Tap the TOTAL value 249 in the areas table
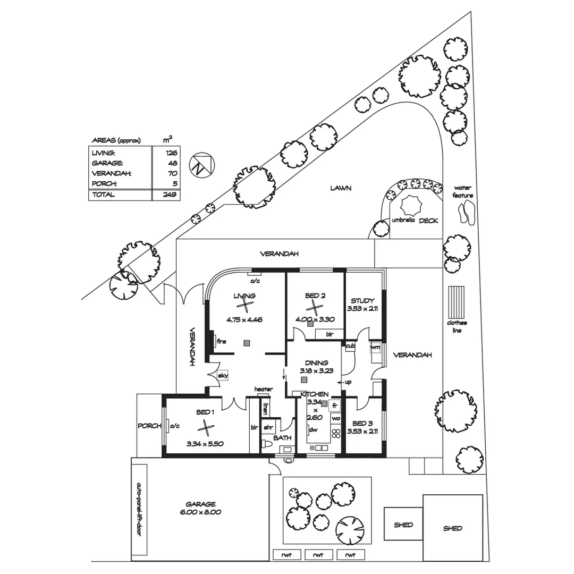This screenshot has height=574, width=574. (171, 195)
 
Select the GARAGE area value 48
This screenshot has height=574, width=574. (173, 163)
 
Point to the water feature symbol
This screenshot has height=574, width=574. (466, 214)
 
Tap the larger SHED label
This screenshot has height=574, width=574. (452, 528)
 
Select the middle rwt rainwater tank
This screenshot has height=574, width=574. (318, 555)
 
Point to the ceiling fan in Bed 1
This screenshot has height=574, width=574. (205, 426)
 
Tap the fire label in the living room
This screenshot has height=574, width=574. (222, 341)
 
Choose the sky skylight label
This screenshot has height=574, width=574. (222, 376)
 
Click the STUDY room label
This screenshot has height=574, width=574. (362, 300)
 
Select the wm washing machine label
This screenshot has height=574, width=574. (376, 347)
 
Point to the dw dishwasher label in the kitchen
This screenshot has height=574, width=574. (314, 430)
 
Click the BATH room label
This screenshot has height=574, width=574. (282, 438)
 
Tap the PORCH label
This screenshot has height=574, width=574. (149, 426)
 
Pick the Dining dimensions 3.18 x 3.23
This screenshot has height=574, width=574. (316, 370)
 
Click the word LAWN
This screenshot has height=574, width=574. (341, 188)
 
